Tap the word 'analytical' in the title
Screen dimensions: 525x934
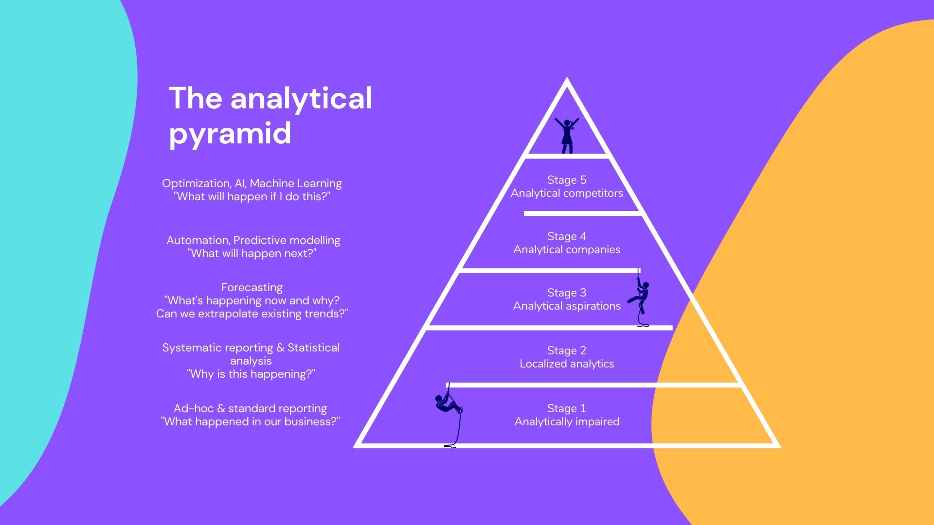pos(301,98)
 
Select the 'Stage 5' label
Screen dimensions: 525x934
pos(567,180)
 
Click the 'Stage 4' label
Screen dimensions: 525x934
pos(567,236)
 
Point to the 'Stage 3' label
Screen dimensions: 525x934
pos(567,293)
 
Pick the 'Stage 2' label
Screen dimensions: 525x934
pos(567,350)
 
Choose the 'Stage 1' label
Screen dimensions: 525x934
pos(567,408)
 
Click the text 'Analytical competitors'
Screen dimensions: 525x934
pos(567,193)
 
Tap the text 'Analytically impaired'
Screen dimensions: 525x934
pos(567,422)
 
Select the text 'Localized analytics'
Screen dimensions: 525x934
pos(567,364)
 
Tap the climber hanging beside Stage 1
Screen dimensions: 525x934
pos(448,403)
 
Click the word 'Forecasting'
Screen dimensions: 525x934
pos(251,287)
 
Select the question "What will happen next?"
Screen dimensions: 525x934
pos(252,254)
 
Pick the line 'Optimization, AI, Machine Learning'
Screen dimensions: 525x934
pos(252,183)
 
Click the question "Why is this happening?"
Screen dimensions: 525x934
pos(251,374)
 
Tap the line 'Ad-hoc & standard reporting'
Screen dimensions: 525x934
pos(250,408)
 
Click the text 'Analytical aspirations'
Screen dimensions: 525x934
pos(567,306)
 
